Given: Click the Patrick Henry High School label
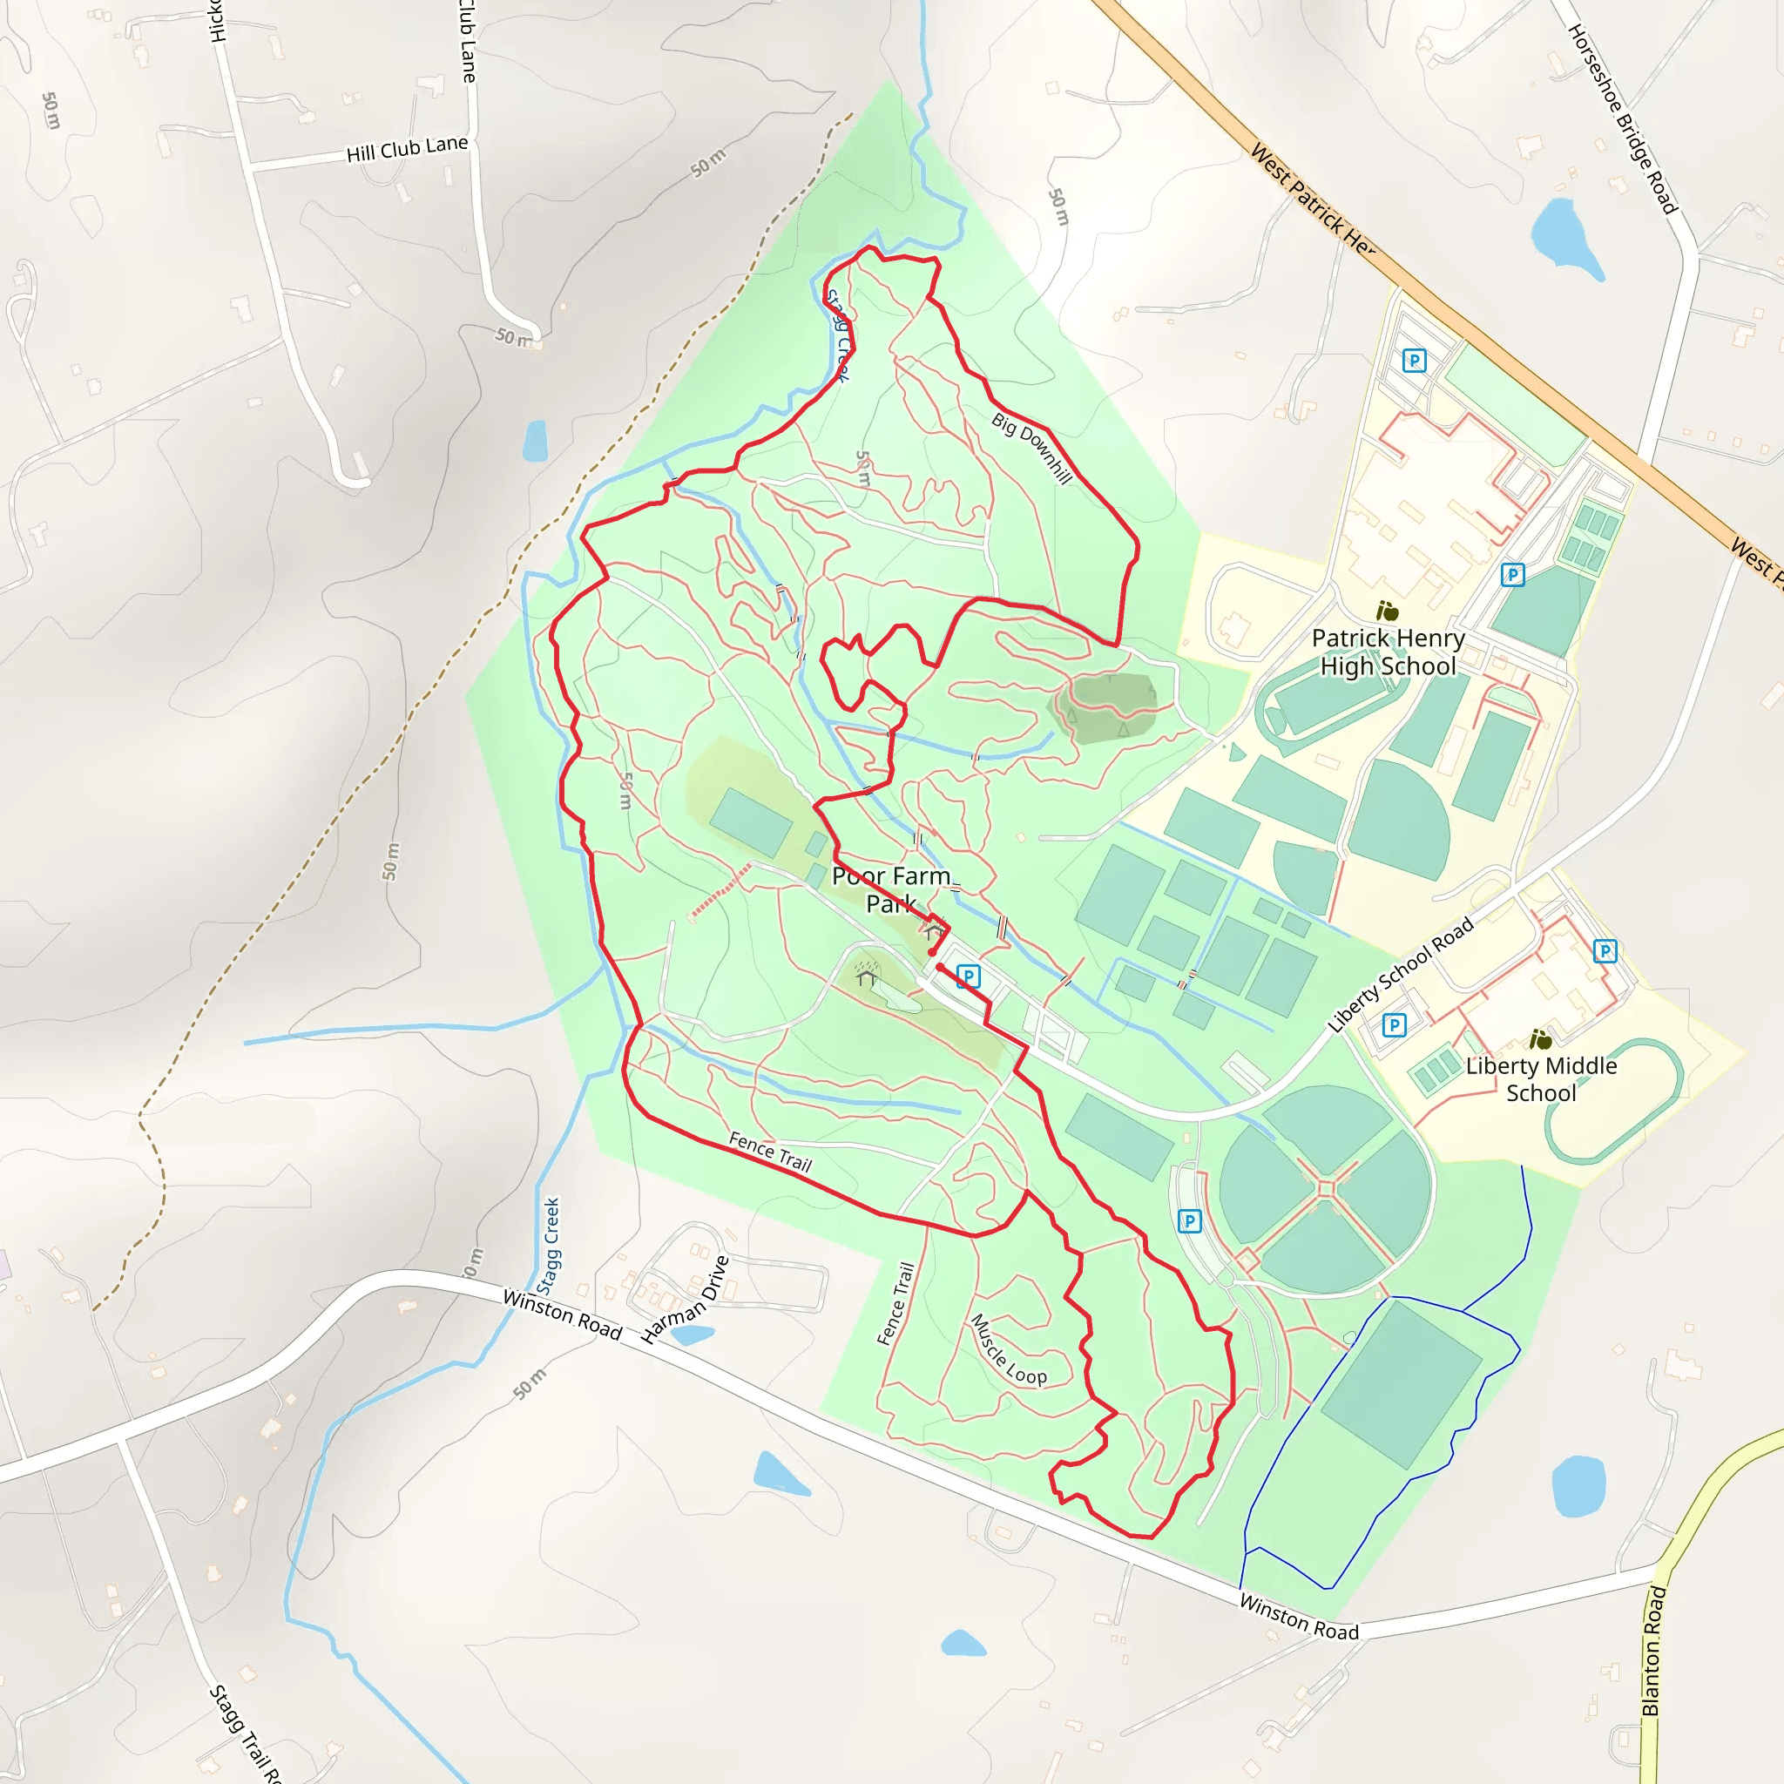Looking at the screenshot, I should (1388, 652).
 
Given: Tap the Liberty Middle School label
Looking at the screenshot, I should (1541, 1078).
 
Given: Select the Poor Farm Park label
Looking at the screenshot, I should (892, 889).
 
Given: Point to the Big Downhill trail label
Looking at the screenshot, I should (1032, 448).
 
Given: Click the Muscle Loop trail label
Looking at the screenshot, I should (1010, 1350).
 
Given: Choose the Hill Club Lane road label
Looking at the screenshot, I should (407, 149).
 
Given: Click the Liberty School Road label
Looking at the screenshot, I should (1400, 975).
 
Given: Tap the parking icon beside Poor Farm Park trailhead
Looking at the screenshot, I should (968, 976).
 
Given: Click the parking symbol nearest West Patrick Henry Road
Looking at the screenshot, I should (1414, 360).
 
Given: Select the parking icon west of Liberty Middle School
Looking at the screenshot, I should (1395, 1025).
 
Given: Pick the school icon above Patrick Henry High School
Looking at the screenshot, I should (1387, 611).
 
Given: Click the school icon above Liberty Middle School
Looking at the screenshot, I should (1540, 1040).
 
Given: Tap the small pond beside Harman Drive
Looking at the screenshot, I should (693, 1335).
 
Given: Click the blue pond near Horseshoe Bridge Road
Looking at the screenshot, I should (1565, 235).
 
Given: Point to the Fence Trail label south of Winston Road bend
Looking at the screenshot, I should (895, 1304).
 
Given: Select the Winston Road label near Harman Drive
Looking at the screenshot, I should (562, 1313).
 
